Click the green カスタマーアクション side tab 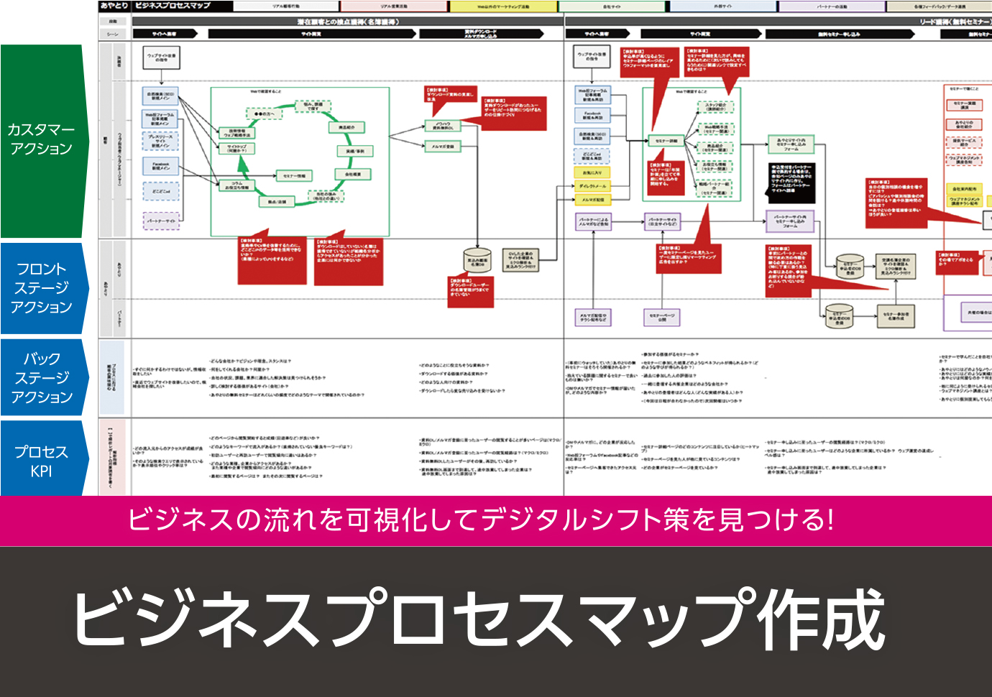tap(42, 140)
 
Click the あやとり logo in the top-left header tap(114, 6)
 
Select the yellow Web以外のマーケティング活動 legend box tap(503, 6)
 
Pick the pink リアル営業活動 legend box tap(394, 6)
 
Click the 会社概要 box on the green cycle tap(354, 175)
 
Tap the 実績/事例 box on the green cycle tap(355, 151)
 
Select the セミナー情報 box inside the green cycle tap(294, 176)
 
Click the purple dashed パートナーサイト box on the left tap(161, 221)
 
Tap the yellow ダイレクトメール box tap(592, 186)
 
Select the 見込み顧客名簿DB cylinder tap(477, 263)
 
